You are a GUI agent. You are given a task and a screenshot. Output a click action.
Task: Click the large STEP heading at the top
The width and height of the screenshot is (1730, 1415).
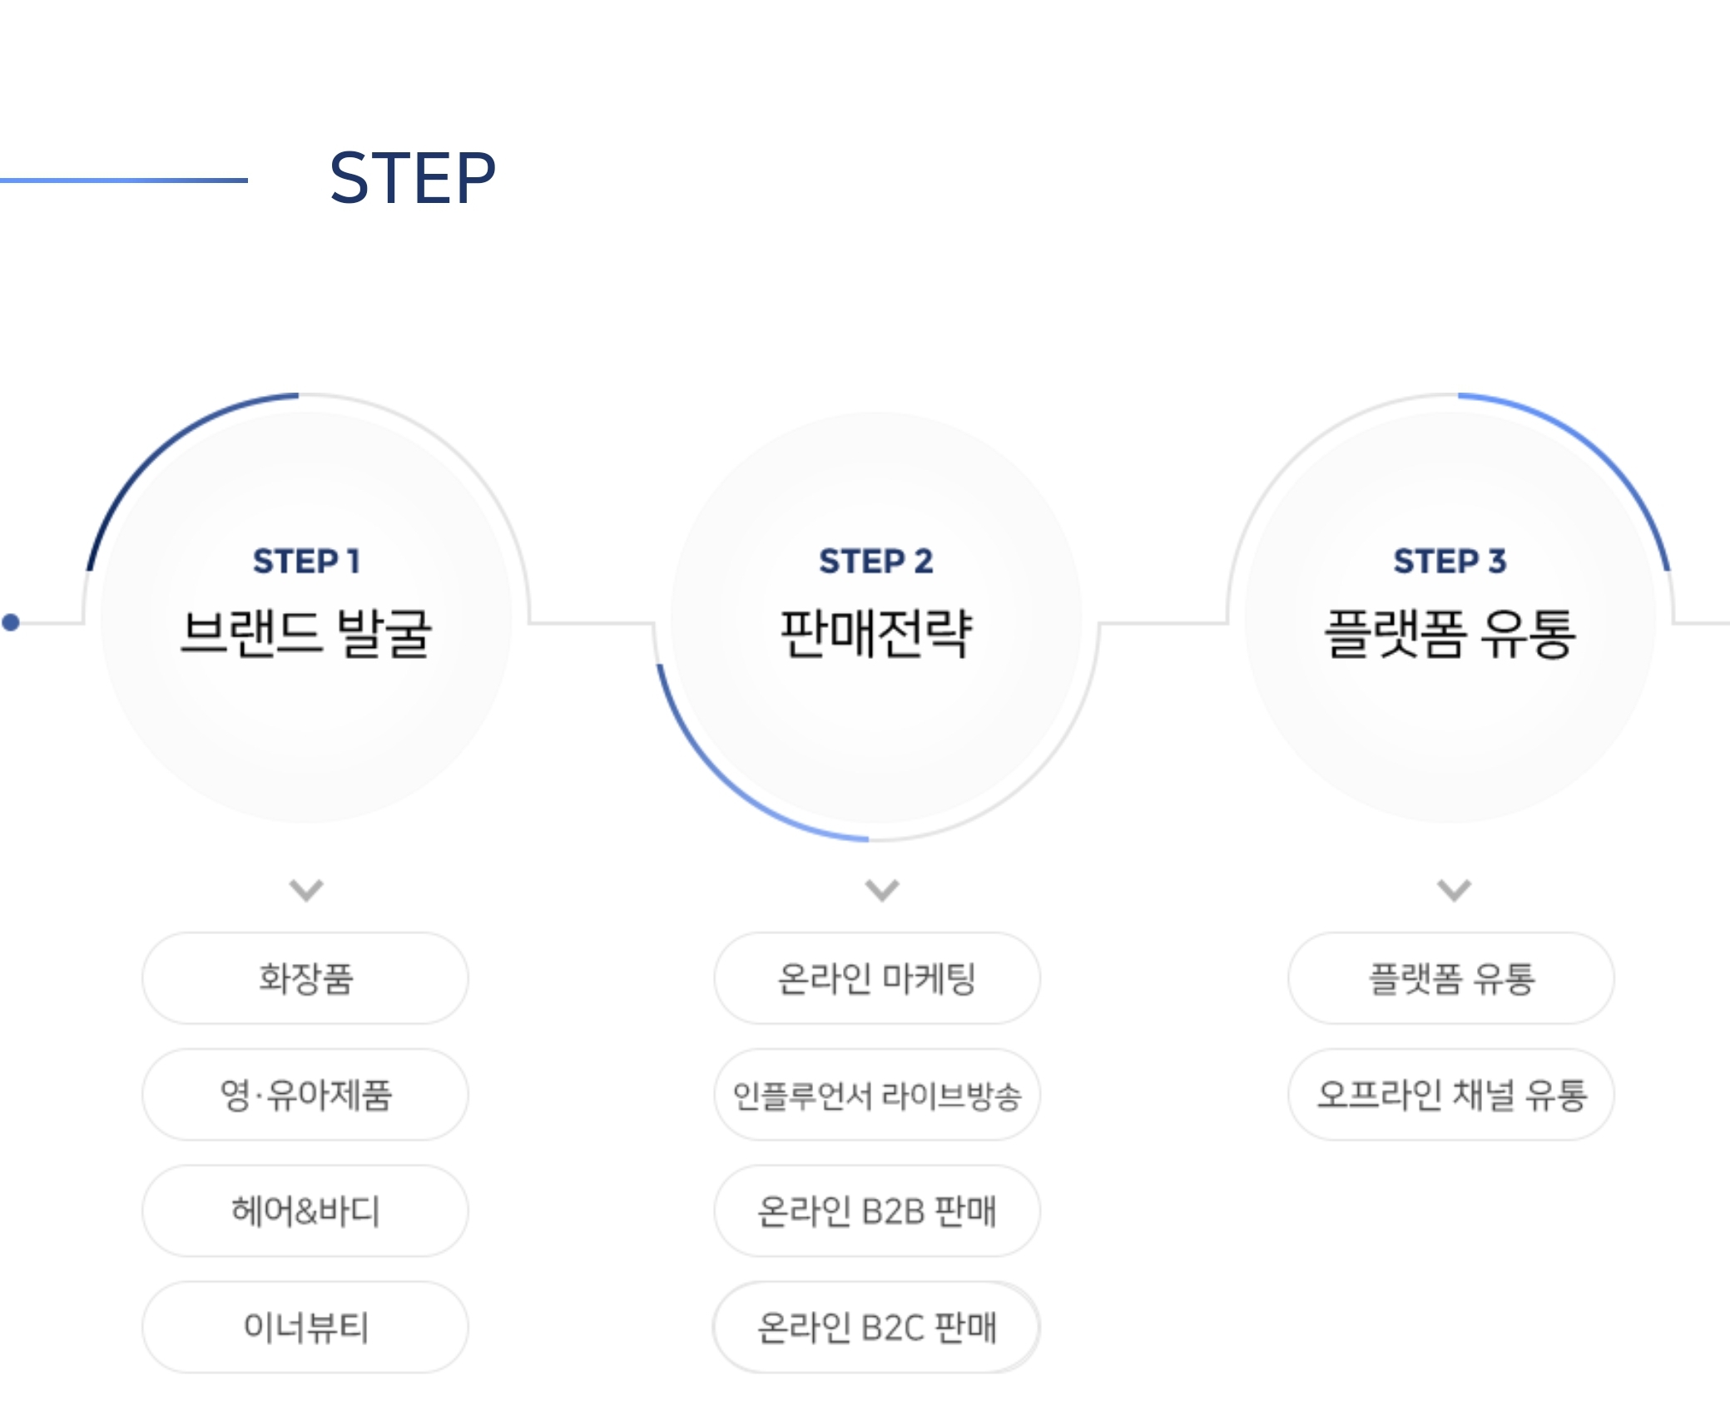click(413, 178)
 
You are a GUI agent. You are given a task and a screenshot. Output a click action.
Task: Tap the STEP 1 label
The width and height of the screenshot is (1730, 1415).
click(306, 562)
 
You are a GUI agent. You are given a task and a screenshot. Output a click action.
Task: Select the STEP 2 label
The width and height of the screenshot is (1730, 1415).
click(876, 562)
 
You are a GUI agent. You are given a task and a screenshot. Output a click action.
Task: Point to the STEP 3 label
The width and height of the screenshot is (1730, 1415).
click(1450, 562)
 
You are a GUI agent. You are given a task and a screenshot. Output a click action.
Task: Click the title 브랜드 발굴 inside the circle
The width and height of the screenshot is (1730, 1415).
click(306, 634)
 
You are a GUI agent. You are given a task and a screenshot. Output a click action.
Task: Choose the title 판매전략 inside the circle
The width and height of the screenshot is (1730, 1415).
click(876, 634)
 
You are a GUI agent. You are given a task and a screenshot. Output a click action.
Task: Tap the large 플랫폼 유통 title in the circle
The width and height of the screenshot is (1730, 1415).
click(1450, 634)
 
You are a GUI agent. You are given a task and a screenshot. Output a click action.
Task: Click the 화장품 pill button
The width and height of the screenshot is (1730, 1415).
click(305, 978)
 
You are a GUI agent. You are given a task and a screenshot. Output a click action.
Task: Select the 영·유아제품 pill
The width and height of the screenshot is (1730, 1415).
click(305, 1095)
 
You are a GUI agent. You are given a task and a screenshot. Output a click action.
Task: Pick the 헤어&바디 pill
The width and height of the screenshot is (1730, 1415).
click(305, 1211)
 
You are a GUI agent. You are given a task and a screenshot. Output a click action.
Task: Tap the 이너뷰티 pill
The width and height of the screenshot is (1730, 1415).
click(305, 1328)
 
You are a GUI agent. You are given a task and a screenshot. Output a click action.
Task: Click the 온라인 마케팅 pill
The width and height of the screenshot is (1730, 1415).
click(877, 978)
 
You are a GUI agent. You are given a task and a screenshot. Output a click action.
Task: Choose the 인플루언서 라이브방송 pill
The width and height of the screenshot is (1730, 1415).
click(877, 1095)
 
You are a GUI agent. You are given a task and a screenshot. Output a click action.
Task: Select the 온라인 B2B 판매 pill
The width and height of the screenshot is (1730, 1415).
click(877, 1211)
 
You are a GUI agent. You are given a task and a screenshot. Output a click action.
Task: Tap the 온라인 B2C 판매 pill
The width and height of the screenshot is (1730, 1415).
click(877, 1328)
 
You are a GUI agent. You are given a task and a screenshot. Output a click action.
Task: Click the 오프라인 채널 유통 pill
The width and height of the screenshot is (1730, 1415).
click(1451, 1095)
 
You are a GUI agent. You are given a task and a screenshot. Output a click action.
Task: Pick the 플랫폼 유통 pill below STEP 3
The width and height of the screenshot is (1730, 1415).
click(1451, 978)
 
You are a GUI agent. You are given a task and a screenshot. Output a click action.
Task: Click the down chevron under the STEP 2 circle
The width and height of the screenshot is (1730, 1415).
click(882, 890)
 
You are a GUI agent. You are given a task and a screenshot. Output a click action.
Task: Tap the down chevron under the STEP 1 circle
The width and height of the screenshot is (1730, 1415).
click(306, 890)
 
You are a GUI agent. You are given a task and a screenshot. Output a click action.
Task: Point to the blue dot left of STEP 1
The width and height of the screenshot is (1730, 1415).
click(11, 622)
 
